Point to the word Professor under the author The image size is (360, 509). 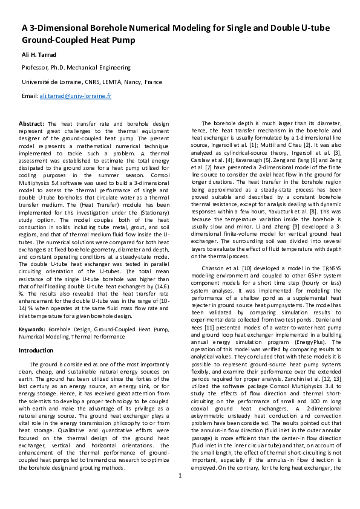36,68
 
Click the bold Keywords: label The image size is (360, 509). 33,329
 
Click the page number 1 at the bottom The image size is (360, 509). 180,493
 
